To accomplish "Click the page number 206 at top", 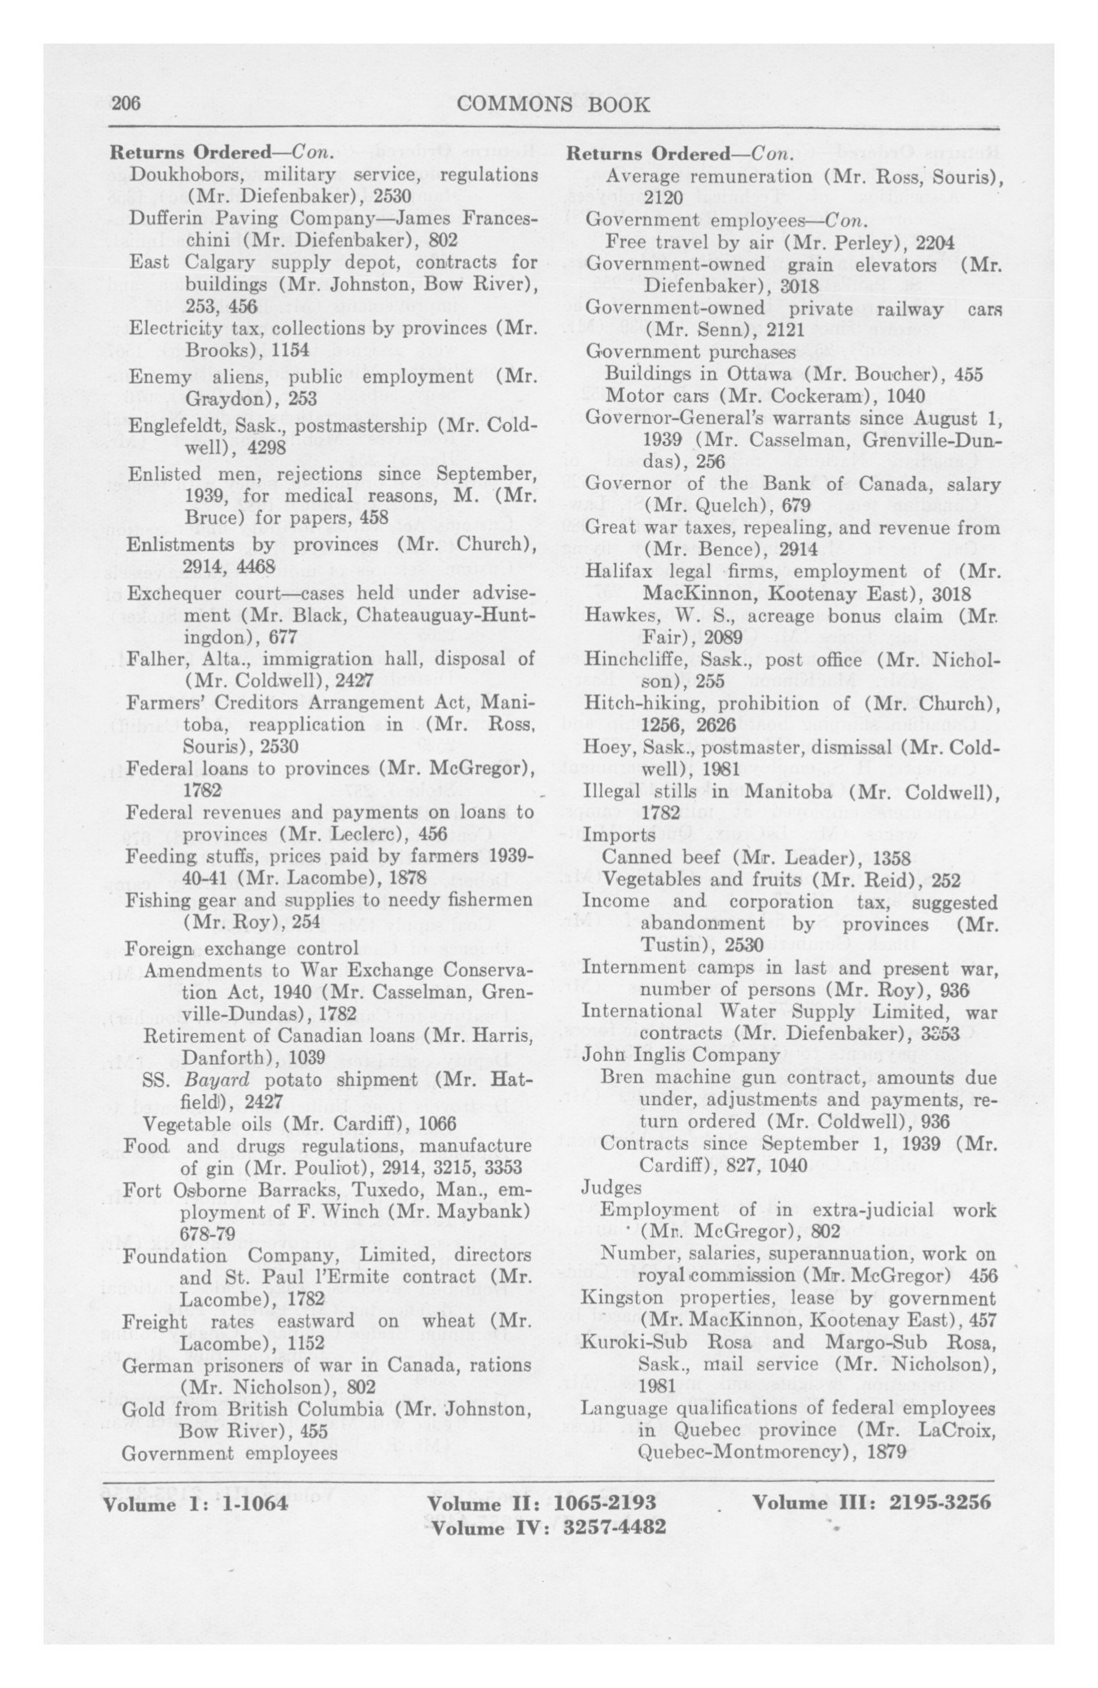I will tap(127, 104).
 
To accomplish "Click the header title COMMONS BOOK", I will tap(553, 105).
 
